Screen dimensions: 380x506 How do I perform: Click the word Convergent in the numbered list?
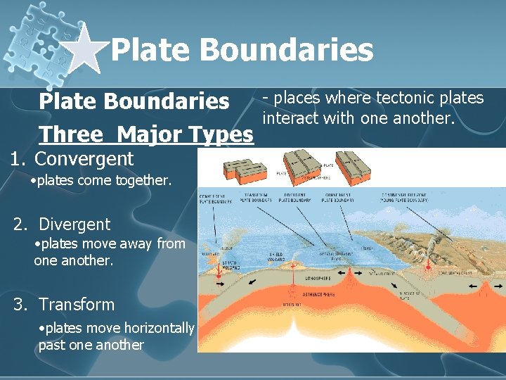tap(84, 159)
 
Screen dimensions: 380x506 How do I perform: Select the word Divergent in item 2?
tap(74, 224)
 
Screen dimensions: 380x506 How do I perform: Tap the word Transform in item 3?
tap(77, 305)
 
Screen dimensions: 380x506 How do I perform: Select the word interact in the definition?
tap(291, 118)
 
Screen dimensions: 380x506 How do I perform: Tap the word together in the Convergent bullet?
tap(143, 181)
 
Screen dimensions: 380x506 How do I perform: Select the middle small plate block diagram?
tap(300, 165)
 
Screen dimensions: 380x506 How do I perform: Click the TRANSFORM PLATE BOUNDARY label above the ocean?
tap(257, 198)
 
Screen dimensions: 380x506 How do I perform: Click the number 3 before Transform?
tap(19, 305)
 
